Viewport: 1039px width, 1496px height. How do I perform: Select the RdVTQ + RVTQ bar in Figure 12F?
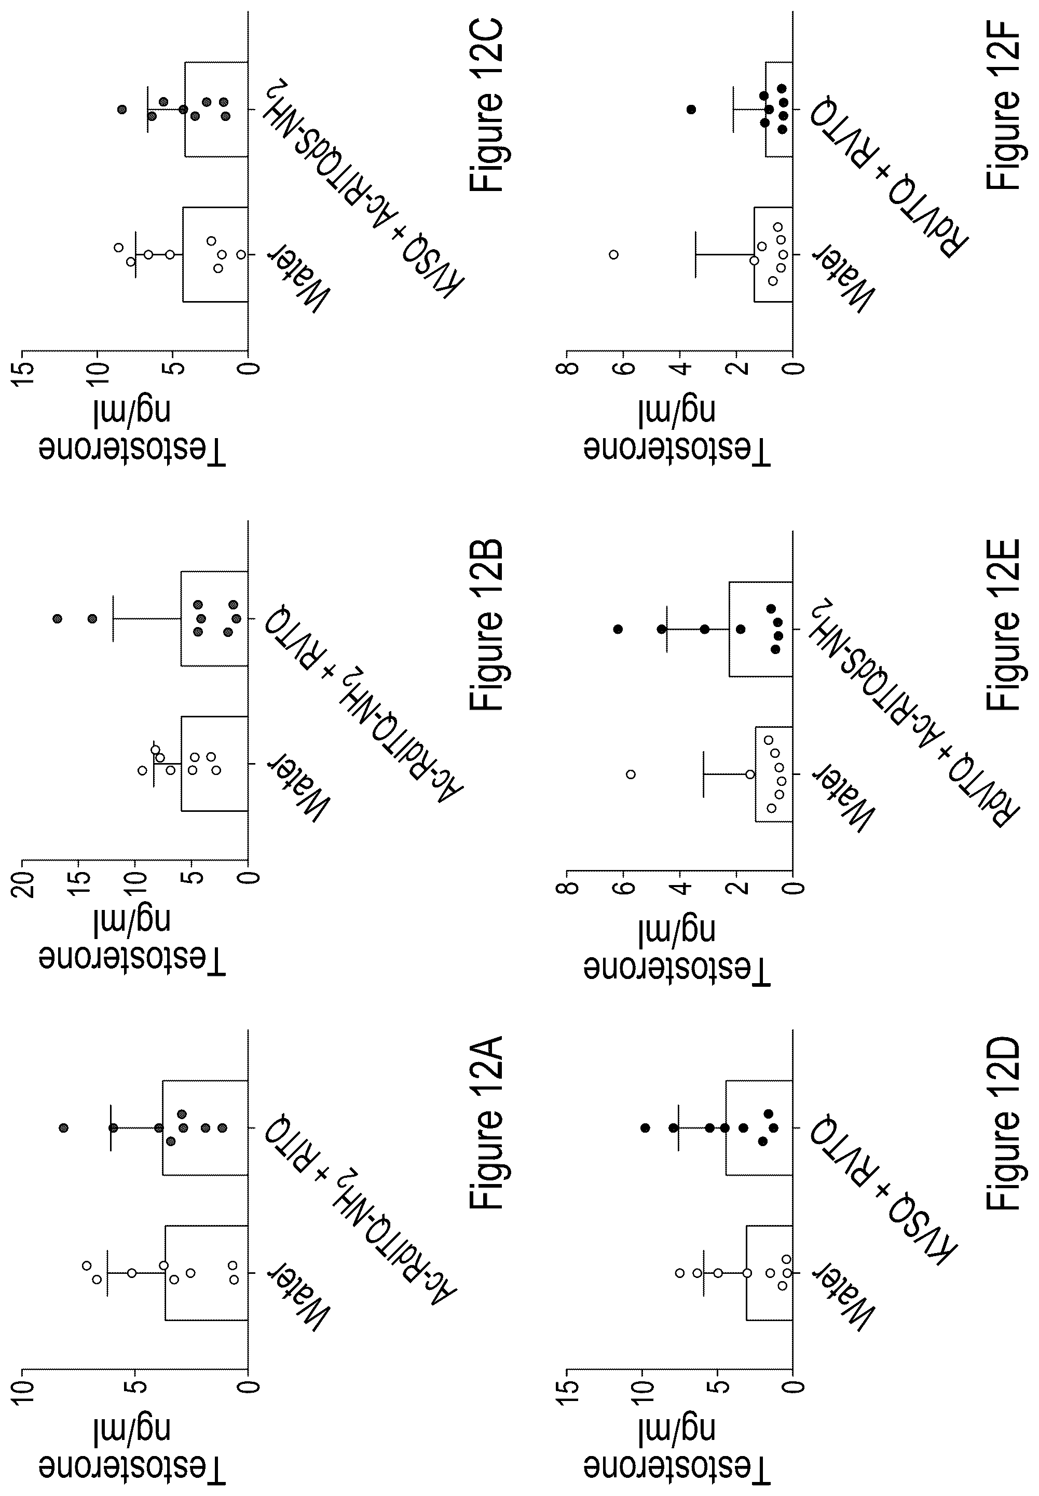point(778,110)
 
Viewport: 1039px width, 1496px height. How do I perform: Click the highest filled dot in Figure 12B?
point(57,618)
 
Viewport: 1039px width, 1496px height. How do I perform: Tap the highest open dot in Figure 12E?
point(630,774)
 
